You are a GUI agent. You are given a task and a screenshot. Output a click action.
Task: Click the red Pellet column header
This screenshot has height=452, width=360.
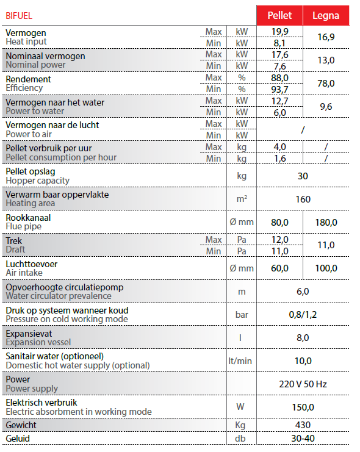279,15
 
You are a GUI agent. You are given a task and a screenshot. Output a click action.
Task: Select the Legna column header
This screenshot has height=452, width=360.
326,15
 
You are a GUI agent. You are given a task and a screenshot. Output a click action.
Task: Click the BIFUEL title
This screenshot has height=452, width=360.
19,15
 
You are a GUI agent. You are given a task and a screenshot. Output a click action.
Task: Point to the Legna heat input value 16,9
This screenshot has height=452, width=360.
326,37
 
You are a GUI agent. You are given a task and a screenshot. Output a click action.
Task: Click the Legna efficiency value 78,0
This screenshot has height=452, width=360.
326,84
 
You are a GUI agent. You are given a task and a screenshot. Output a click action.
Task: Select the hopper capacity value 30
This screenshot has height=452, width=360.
303,176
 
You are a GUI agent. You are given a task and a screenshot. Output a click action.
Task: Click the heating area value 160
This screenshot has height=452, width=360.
303,199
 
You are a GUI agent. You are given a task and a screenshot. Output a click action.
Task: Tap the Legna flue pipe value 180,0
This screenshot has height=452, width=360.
326,222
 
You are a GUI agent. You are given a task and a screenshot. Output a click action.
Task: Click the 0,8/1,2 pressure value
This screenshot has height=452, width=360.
303,315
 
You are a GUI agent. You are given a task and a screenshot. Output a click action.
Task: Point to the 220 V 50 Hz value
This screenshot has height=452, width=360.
303,384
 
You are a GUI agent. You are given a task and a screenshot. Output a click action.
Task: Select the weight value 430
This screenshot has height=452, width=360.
303,425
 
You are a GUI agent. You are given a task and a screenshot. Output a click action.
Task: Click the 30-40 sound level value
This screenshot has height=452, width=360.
303,439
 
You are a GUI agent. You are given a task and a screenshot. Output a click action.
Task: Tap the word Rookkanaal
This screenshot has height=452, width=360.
28,217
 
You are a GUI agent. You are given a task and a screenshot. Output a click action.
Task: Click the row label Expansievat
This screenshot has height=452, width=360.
28,333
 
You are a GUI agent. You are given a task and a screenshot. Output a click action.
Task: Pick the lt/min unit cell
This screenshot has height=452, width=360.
240,361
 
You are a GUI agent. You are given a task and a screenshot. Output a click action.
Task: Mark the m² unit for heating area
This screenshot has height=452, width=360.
242,199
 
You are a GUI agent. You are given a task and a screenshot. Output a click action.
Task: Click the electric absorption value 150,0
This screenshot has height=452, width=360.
303,407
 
